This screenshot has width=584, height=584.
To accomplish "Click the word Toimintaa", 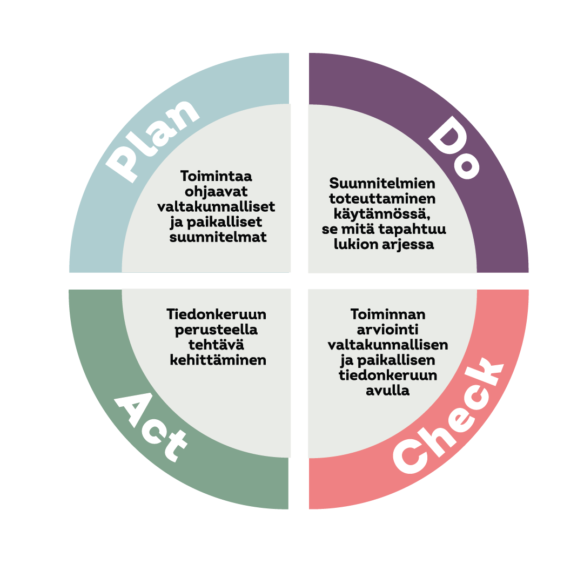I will [x=216, y=176].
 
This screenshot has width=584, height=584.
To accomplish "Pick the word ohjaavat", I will [x=216, y=192].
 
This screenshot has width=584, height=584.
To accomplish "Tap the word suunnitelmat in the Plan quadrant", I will [x=218, y=237].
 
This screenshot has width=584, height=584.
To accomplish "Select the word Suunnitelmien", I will [x=382, y=183].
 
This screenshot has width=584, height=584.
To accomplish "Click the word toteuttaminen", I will [x=382, y=198].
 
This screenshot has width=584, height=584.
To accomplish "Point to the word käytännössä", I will [x=381, y=213].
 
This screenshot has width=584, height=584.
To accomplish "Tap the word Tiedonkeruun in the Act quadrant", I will [x=217, y=314].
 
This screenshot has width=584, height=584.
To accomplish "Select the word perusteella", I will [x=217, y=330].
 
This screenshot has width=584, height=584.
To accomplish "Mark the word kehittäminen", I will [x=218, y=360].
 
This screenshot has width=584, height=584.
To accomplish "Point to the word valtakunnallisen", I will [x=388, y=345].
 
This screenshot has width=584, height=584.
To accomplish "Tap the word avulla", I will [x=387, y=391].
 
